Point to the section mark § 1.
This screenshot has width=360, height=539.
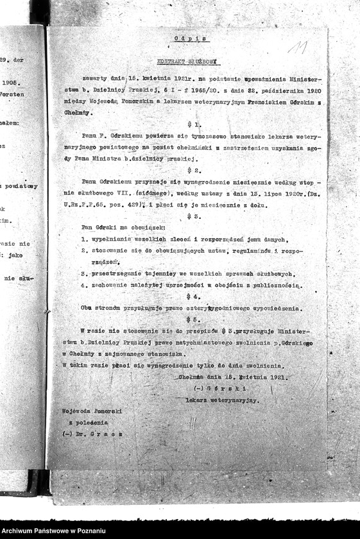[x=194, y=124]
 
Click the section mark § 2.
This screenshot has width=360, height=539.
[x=194, y=171]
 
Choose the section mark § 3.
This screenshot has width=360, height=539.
[x=194, y=217]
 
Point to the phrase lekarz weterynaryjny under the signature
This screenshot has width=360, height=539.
[x=222, y=400]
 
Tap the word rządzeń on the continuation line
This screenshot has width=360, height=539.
[x=105, y=262]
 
